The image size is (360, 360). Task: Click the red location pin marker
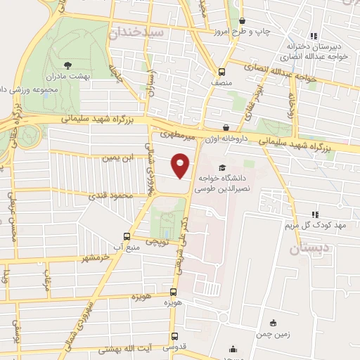pos(180,165)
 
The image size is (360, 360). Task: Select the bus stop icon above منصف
pos(222,72)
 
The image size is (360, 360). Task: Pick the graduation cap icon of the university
pos(223,168)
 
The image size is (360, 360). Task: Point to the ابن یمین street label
pos(120,158)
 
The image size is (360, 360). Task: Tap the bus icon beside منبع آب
pos(127,237)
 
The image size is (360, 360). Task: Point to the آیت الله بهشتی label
pos(129,349)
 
